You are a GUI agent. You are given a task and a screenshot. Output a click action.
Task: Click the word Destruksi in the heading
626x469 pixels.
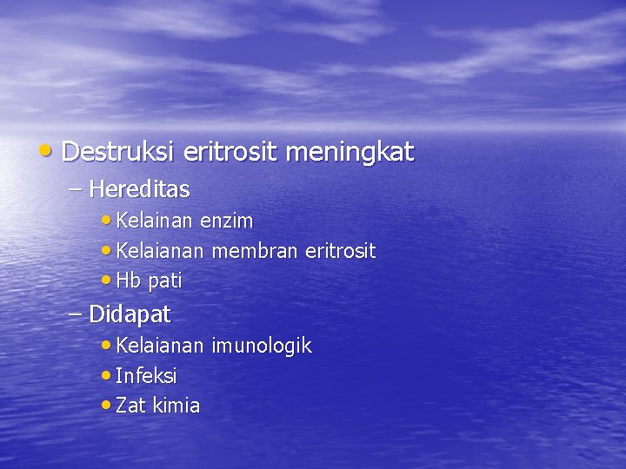point(120,153)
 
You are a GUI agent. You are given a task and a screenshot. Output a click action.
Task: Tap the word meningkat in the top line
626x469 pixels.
point(350,154)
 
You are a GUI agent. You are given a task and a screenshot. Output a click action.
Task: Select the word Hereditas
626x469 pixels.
point(139,188)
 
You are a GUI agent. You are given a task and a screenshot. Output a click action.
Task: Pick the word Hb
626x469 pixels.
point(128,281)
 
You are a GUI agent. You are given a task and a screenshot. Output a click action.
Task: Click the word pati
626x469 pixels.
point(165,281)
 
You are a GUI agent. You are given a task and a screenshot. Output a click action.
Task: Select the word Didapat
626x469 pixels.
point(130,314)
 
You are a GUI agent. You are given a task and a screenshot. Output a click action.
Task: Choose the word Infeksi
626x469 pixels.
point(146,376)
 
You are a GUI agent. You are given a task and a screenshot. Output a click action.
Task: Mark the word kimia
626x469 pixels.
point(177,406)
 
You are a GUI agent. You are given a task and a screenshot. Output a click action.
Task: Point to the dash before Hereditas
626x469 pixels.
point(75,188)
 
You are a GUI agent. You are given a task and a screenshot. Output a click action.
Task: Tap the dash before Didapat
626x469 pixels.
point(75,314)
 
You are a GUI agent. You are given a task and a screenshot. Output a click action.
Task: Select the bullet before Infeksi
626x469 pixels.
point(106,376)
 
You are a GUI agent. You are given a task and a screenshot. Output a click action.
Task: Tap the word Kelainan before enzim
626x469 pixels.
point(155,221)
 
